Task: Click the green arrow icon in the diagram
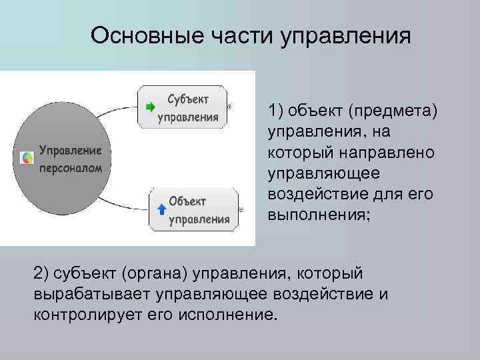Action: click(x=150, y=107)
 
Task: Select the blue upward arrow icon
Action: click(x=161, y=210)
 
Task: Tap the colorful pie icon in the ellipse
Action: click(x=27, y=158)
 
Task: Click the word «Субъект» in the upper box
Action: click(x=188, y=99)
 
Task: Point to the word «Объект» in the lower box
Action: click(x=187, y=201)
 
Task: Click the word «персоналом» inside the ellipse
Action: click(x=71, y=168)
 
